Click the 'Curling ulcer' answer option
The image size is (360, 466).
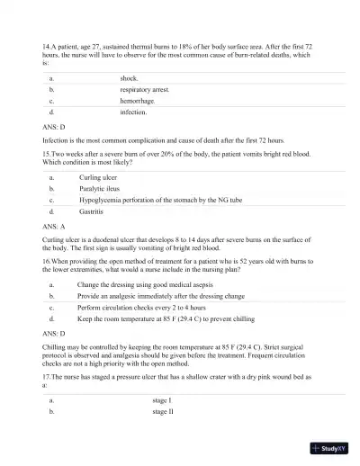click(98, 178)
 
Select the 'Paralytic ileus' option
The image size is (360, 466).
click(101, 189)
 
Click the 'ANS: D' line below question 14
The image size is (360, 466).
click(54, 128)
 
